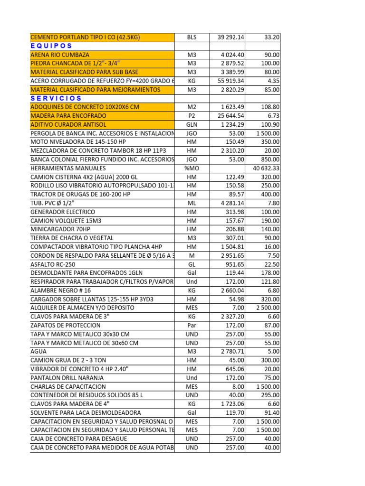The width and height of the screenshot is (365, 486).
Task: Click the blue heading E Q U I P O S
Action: click(51, 46)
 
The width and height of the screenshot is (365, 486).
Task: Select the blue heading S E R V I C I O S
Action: click(56, 98)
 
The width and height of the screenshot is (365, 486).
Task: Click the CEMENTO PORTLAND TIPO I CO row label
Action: click(85, 37)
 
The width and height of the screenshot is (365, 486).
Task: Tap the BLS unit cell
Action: click(192, 37)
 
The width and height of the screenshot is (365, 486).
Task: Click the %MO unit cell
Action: click(192, 168)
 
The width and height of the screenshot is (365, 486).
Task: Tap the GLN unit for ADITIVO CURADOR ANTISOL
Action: click(192, 124)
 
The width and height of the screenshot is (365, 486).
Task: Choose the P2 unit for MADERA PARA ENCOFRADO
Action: click(192, 116)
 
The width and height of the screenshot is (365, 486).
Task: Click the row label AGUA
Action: click(38, 351)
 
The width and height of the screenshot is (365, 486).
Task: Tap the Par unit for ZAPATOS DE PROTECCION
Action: click(192, 325)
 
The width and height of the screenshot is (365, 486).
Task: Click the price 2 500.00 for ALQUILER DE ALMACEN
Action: click(268, 308)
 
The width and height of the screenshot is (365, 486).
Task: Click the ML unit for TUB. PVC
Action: click(192, 203)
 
